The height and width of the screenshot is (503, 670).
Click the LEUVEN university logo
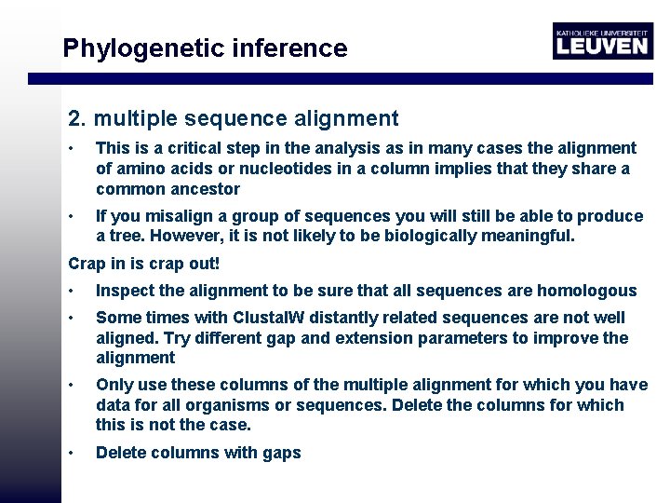click(x=602, y=40)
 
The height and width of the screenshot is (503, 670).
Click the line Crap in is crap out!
click(x=143, y=264)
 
